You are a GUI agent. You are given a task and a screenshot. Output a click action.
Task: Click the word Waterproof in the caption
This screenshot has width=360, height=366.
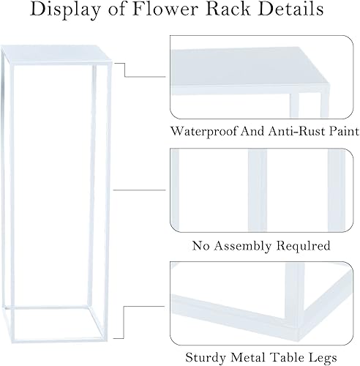click(x=200, y=132)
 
